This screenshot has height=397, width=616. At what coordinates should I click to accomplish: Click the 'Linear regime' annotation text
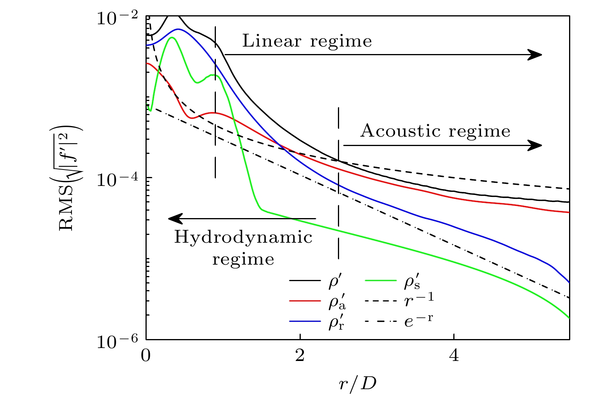(307, 41)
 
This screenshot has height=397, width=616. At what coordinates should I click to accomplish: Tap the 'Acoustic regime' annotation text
(435, 131)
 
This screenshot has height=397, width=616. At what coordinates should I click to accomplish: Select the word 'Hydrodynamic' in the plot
(243, 237)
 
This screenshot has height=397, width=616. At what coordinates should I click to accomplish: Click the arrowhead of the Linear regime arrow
(535, 55)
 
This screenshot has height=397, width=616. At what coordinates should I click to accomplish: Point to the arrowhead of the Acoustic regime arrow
(535, 146)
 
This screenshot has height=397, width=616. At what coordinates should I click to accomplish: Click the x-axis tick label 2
(300, 356)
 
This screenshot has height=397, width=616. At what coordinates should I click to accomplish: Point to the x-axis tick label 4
(454, 356)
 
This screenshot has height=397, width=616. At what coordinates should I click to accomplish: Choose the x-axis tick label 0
(146, 356)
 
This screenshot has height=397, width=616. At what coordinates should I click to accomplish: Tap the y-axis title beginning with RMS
(70, 178)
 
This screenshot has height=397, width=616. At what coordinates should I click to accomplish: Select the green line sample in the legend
(380, 280)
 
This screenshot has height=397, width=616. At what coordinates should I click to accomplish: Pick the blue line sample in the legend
(305, 321)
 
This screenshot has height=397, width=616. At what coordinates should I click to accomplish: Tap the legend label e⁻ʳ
(418, 321)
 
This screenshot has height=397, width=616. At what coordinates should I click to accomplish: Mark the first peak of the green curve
(172, 38)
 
